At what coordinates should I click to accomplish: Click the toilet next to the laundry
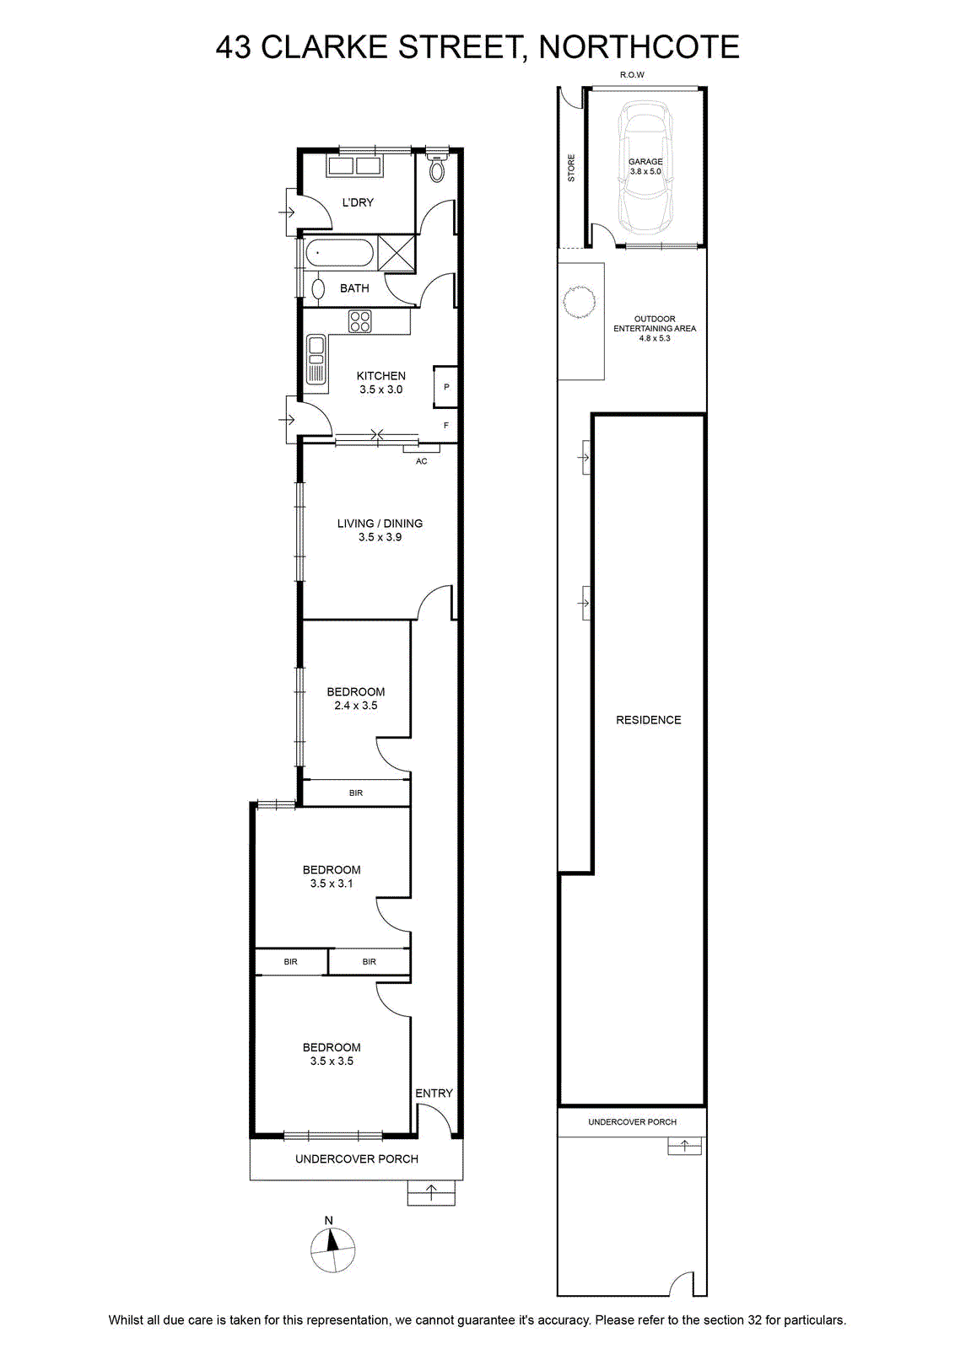[x=438, y=167]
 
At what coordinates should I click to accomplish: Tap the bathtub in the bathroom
[x=338, y=253]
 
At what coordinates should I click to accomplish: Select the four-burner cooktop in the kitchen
[x=359, y=321]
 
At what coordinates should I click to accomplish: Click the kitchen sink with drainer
[x=316, y=359]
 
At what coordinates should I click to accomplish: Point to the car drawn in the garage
[x=645, y=168]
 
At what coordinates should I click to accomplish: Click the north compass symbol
[x=332, y=1250]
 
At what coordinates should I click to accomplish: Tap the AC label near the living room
[x=421, y=461]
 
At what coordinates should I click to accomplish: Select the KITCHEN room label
[x=380, y=376]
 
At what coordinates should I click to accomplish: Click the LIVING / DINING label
[x=380, y=524]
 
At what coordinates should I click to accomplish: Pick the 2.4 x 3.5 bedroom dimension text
[x=355, y=705]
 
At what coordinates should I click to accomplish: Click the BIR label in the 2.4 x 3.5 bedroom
[x=355, y=793]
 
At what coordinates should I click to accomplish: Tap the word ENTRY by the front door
[x=434, y=1093]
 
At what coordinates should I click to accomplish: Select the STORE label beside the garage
[x=571, y=168]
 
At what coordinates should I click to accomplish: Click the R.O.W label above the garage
[x=632, y=75]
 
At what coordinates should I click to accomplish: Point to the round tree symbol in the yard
[x=579, y=300]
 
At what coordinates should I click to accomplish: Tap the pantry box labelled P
[x=446, y=387]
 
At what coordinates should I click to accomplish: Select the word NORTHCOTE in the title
[x=639, y=47]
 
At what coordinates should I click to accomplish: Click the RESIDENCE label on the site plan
[x=648, y=720]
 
